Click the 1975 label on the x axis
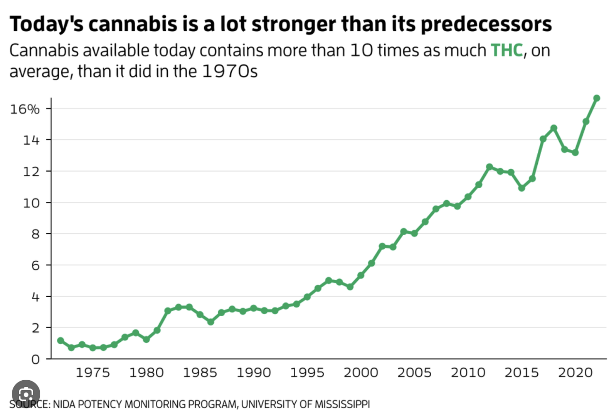coord(92,373)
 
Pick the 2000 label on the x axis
coord(361,373)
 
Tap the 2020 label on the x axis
coord(575,373)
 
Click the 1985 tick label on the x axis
coord(199,373)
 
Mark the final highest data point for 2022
coord(597,98)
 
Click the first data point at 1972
coord(60,340)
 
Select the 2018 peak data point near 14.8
coord(553,128)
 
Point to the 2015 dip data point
coord(521,188)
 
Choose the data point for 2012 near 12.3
coord(489,167)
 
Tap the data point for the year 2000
coord(361,275)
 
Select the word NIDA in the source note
coord(63,404)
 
